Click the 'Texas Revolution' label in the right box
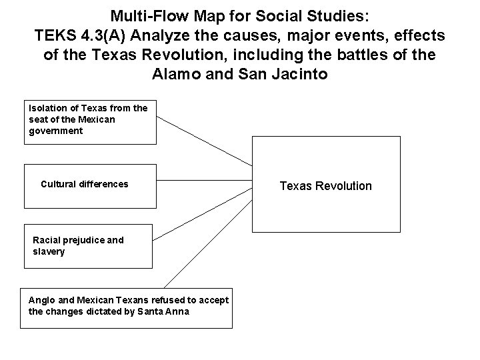click(x=325, y=186)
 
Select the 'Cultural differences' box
click(x=90, y=181)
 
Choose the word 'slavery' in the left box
click(x=49, y=252)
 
